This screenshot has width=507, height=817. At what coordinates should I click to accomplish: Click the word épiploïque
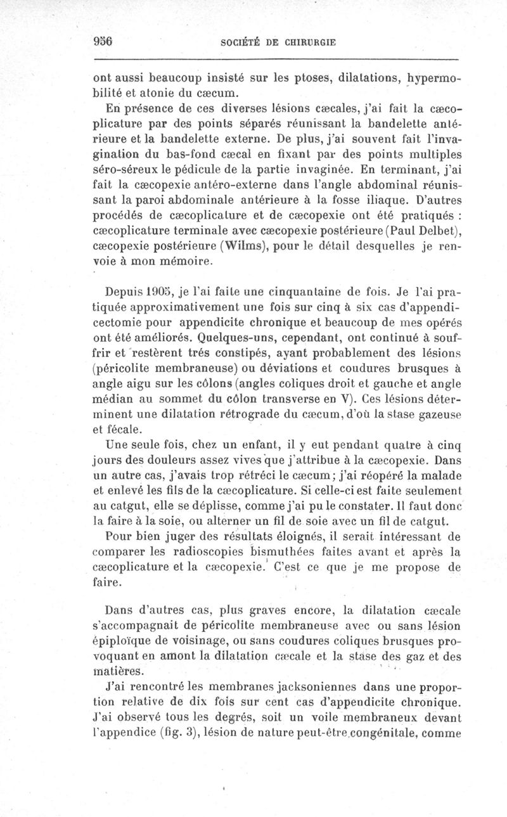click(x=125, y=641)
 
